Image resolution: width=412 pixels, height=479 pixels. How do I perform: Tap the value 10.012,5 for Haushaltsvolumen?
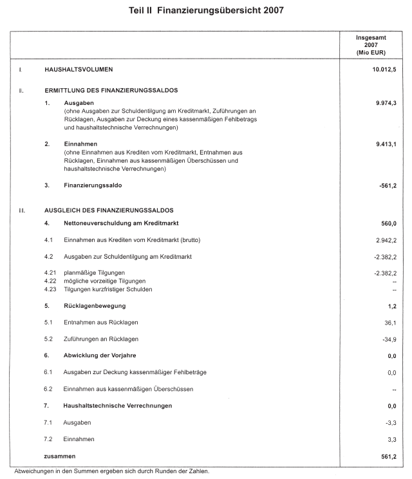coord(382,68)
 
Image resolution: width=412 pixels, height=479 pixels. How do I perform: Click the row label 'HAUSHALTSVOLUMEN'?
coord(80,68)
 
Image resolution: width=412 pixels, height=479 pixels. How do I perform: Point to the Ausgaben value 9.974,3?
coord(385,102)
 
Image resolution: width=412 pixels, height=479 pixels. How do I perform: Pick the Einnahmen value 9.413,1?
coord(385,144)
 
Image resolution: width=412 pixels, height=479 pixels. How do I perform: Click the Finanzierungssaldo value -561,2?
coord(386,185)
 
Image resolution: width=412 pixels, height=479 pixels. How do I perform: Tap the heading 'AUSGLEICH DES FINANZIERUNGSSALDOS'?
coord(109,210)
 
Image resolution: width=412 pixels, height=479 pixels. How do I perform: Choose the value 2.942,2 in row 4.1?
coord(385,240)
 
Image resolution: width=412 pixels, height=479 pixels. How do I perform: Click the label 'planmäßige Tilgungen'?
coord(94,273)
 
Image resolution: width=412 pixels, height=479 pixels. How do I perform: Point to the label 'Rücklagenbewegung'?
coord(94,306)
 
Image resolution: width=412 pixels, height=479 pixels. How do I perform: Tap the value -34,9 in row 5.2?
coord(388,339)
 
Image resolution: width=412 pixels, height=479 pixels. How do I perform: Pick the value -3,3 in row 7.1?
coord(391,422)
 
